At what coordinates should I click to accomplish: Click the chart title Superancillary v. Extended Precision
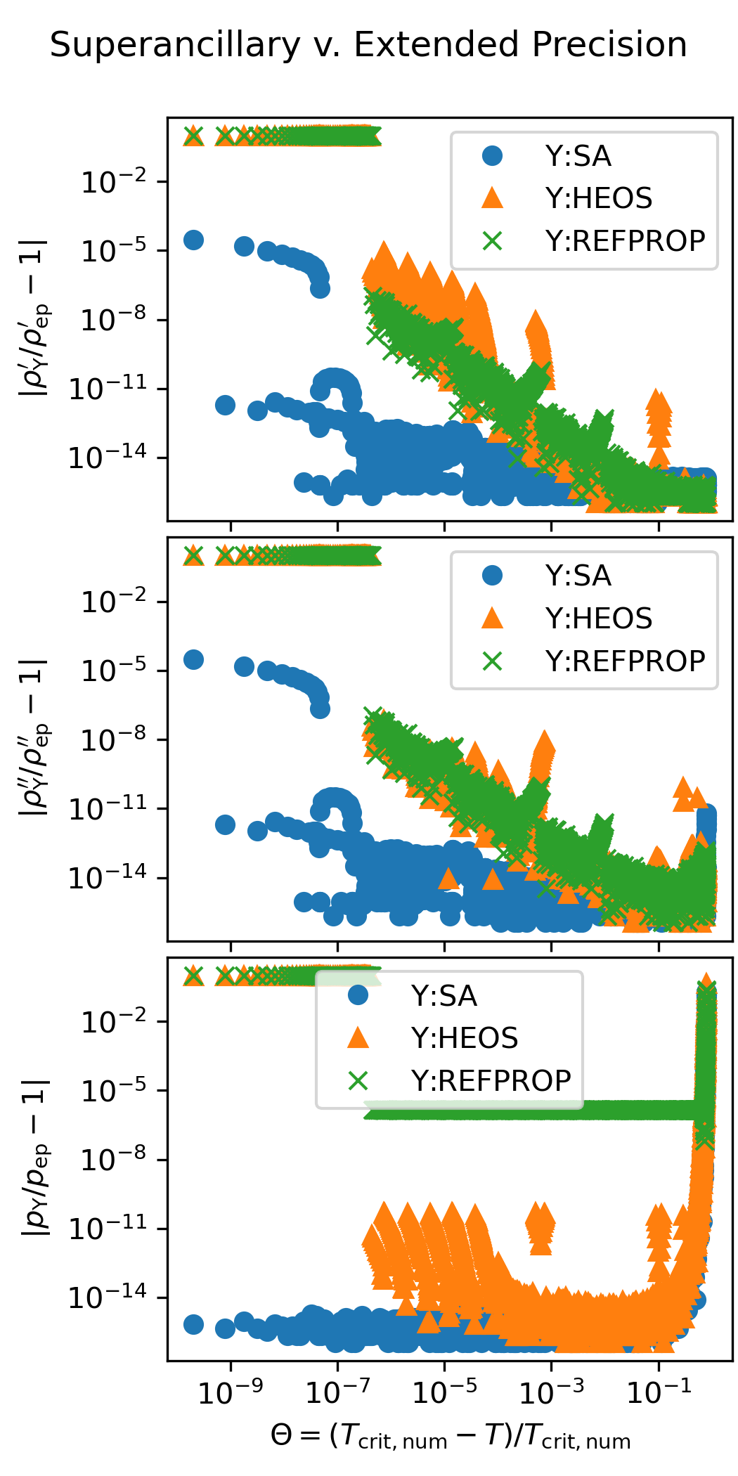368,45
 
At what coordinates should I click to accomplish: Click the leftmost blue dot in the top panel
193,240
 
